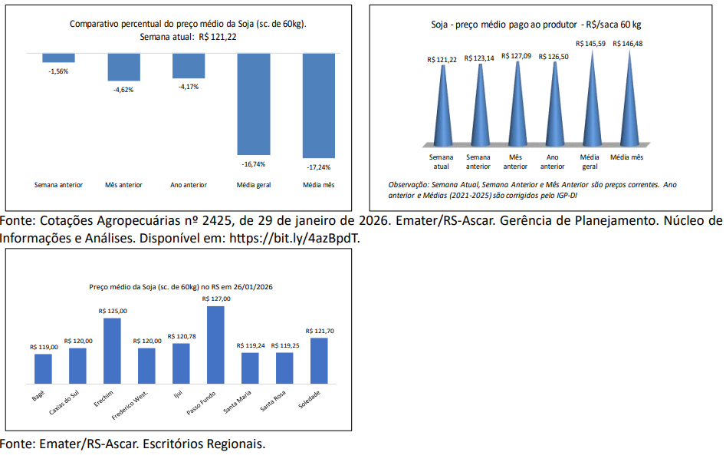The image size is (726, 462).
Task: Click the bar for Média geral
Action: [254, 104]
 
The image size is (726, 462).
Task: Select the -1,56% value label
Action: [58, 71]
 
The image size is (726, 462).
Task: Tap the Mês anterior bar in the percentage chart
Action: [123, 68]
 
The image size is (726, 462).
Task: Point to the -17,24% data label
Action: [318, 167]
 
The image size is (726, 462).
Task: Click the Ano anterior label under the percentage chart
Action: [189, 185]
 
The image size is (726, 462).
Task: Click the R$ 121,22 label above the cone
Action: [442, 59]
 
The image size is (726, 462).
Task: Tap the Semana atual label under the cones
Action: [442, 161]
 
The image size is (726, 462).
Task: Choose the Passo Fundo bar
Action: [215, 345]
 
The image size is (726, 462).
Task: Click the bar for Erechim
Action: [112, 351]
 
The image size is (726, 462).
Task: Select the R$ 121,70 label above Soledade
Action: [320, 331]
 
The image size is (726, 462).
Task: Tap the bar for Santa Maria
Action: [250, 368]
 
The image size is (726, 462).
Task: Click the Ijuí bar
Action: [181, 363]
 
